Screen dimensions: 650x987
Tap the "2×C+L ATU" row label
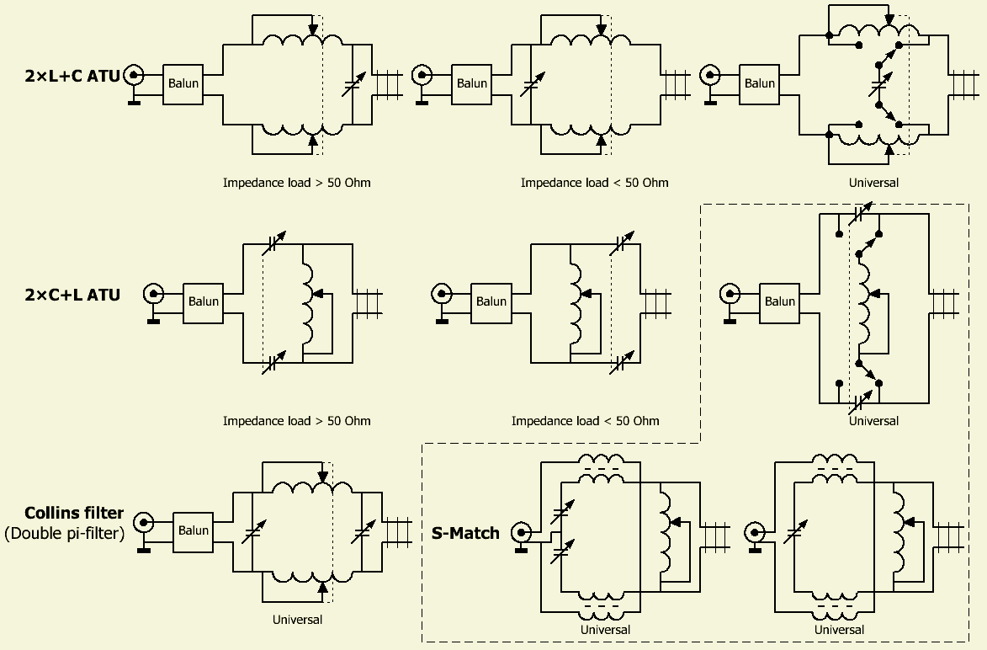click(72, 295)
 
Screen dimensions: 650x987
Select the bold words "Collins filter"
click(74, 513)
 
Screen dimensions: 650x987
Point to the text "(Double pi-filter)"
click(64, 532)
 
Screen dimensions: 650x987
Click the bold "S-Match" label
click(465, 532)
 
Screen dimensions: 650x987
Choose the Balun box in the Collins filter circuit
click(194, 531)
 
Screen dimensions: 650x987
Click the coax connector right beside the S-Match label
click(523, 532)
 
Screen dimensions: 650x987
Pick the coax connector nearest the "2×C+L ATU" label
click(153, 294)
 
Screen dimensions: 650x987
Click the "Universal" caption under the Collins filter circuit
click(297, 620)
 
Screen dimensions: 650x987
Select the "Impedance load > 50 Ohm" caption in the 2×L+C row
click(296, 183)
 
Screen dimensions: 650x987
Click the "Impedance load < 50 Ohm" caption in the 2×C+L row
click(585, 421)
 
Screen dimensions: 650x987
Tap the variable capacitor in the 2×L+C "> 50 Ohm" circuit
click(354, 83)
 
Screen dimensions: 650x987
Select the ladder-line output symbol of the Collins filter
click(398, 531)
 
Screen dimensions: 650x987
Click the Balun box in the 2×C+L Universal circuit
click(780, 301)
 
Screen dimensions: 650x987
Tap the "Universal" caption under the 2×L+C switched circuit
click(873, 183)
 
